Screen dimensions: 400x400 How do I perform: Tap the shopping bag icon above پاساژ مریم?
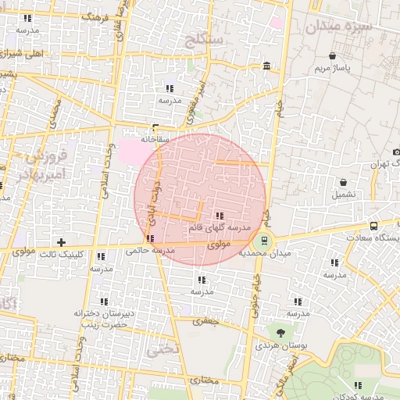334,55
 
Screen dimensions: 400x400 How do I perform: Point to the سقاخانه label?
155,138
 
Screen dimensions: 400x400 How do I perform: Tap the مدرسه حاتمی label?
148,250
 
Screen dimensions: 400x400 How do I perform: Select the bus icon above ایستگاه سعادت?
373,225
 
